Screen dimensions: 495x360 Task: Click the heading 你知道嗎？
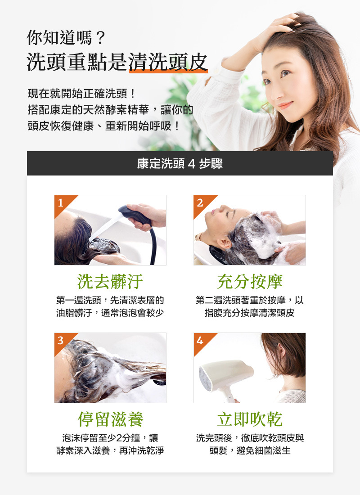66,37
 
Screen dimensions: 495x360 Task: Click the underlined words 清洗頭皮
168,62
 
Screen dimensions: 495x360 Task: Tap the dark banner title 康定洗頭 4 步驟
180,163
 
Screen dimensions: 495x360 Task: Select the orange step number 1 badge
60,202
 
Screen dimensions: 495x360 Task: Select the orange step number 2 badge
200,202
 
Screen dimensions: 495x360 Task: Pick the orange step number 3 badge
60,340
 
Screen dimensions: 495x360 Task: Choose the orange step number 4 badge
200,340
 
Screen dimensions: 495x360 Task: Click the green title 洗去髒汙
110,282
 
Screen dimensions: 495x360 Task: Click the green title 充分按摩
250,282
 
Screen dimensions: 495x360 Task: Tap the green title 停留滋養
110,419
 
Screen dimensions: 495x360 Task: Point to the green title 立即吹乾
250,419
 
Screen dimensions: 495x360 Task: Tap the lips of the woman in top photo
284,106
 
